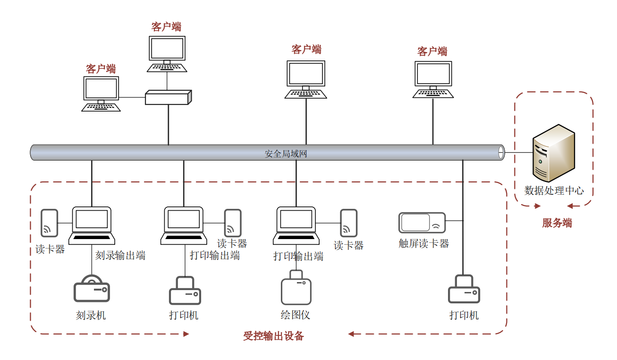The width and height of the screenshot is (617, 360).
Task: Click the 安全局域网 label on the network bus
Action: pos(286,154)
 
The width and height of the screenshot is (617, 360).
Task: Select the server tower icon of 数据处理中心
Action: pos(553,153)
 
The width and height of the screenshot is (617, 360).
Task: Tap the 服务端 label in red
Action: pos(557,223)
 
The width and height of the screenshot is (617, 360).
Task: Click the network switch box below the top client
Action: pos(168,97)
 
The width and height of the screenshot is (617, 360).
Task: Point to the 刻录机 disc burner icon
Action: pos(92,289)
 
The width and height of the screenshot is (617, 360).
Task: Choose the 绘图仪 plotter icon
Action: pos(296,288)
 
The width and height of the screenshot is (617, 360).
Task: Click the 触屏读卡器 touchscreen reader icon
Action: pos(422,223)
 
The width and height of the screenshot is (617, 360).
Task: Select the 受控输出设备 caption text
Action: pos(274,336)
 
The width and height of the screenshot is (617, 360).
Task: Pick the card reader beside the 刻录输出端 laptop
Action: pos(49,223)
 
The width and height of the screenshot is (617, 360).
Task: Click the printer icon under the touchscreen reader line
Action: pos(464,290)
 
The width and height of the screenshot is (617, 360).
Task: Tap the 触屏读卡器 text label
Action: pos(423,244)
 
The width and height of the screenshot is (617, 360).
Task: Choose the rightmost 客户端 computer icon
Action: pos(433,79)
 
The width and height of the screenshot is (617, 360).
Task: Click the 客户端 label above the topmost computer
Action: pos(166,27)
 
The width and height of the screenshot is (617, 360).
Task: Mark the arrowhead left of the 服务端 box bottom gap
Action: pos(537,206)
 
